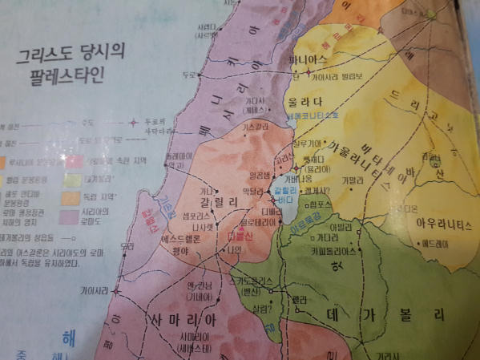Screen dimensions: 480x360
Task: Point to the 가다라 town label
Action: click(x=327, y=239)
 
